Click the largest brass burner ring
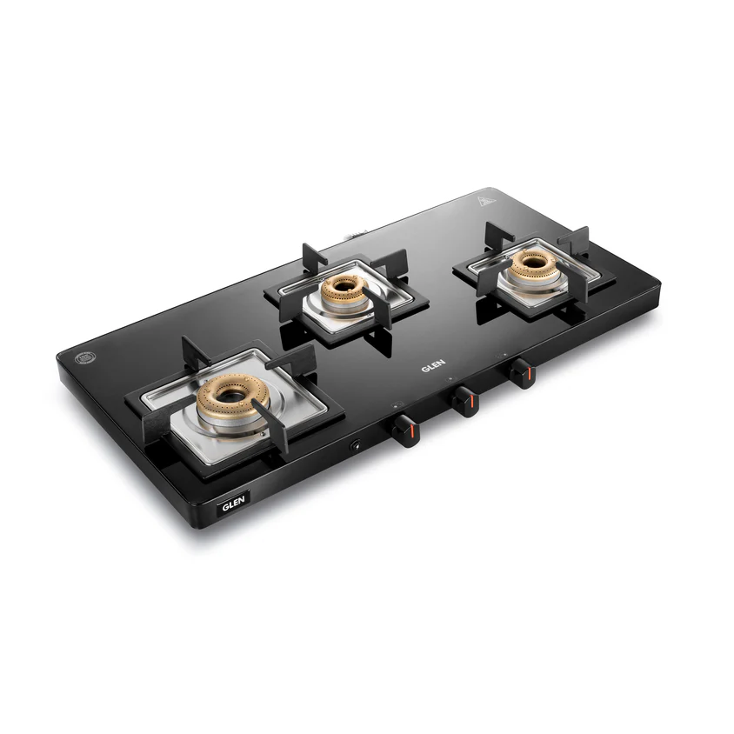click(x=229, y=397)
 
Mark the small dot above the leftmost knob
click(x=396, y=405)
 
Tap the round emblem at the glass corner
click(x=83, y=356)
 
